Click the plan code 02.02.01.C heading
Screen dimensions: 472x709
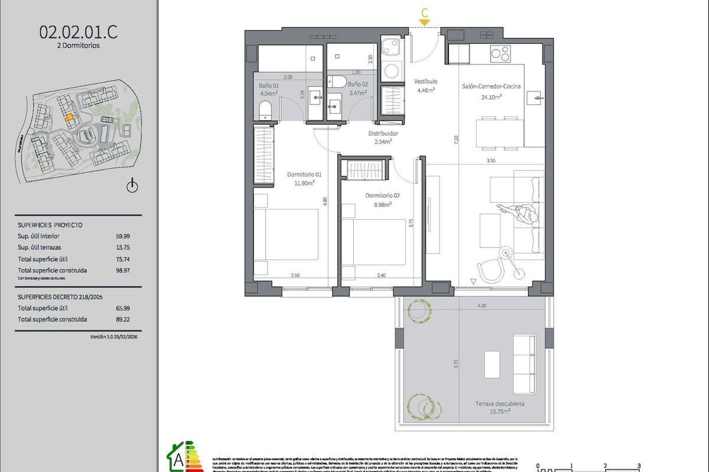[x=78, y=32]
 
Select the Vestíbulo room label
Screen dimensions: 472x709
[x=425, y=81]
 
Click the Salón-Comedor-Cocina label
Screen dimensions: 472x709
[x=491, y=87]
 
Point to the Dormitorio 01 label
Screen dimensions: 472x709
[x=304, y=174]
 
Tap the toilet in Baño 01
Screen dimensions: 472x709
[x=265, y=110]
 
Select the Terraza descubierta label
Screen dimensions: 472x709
[x=500, y=404]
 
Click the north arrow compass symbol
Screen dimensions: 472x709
[x=132, y=186]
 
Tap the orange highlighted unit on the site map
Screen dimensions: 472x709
[x=69, y=117]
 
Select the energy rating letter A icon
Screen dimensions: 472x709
[x=176, y=457]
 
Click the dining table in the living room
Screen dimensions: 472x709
[x=500, y=133]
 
